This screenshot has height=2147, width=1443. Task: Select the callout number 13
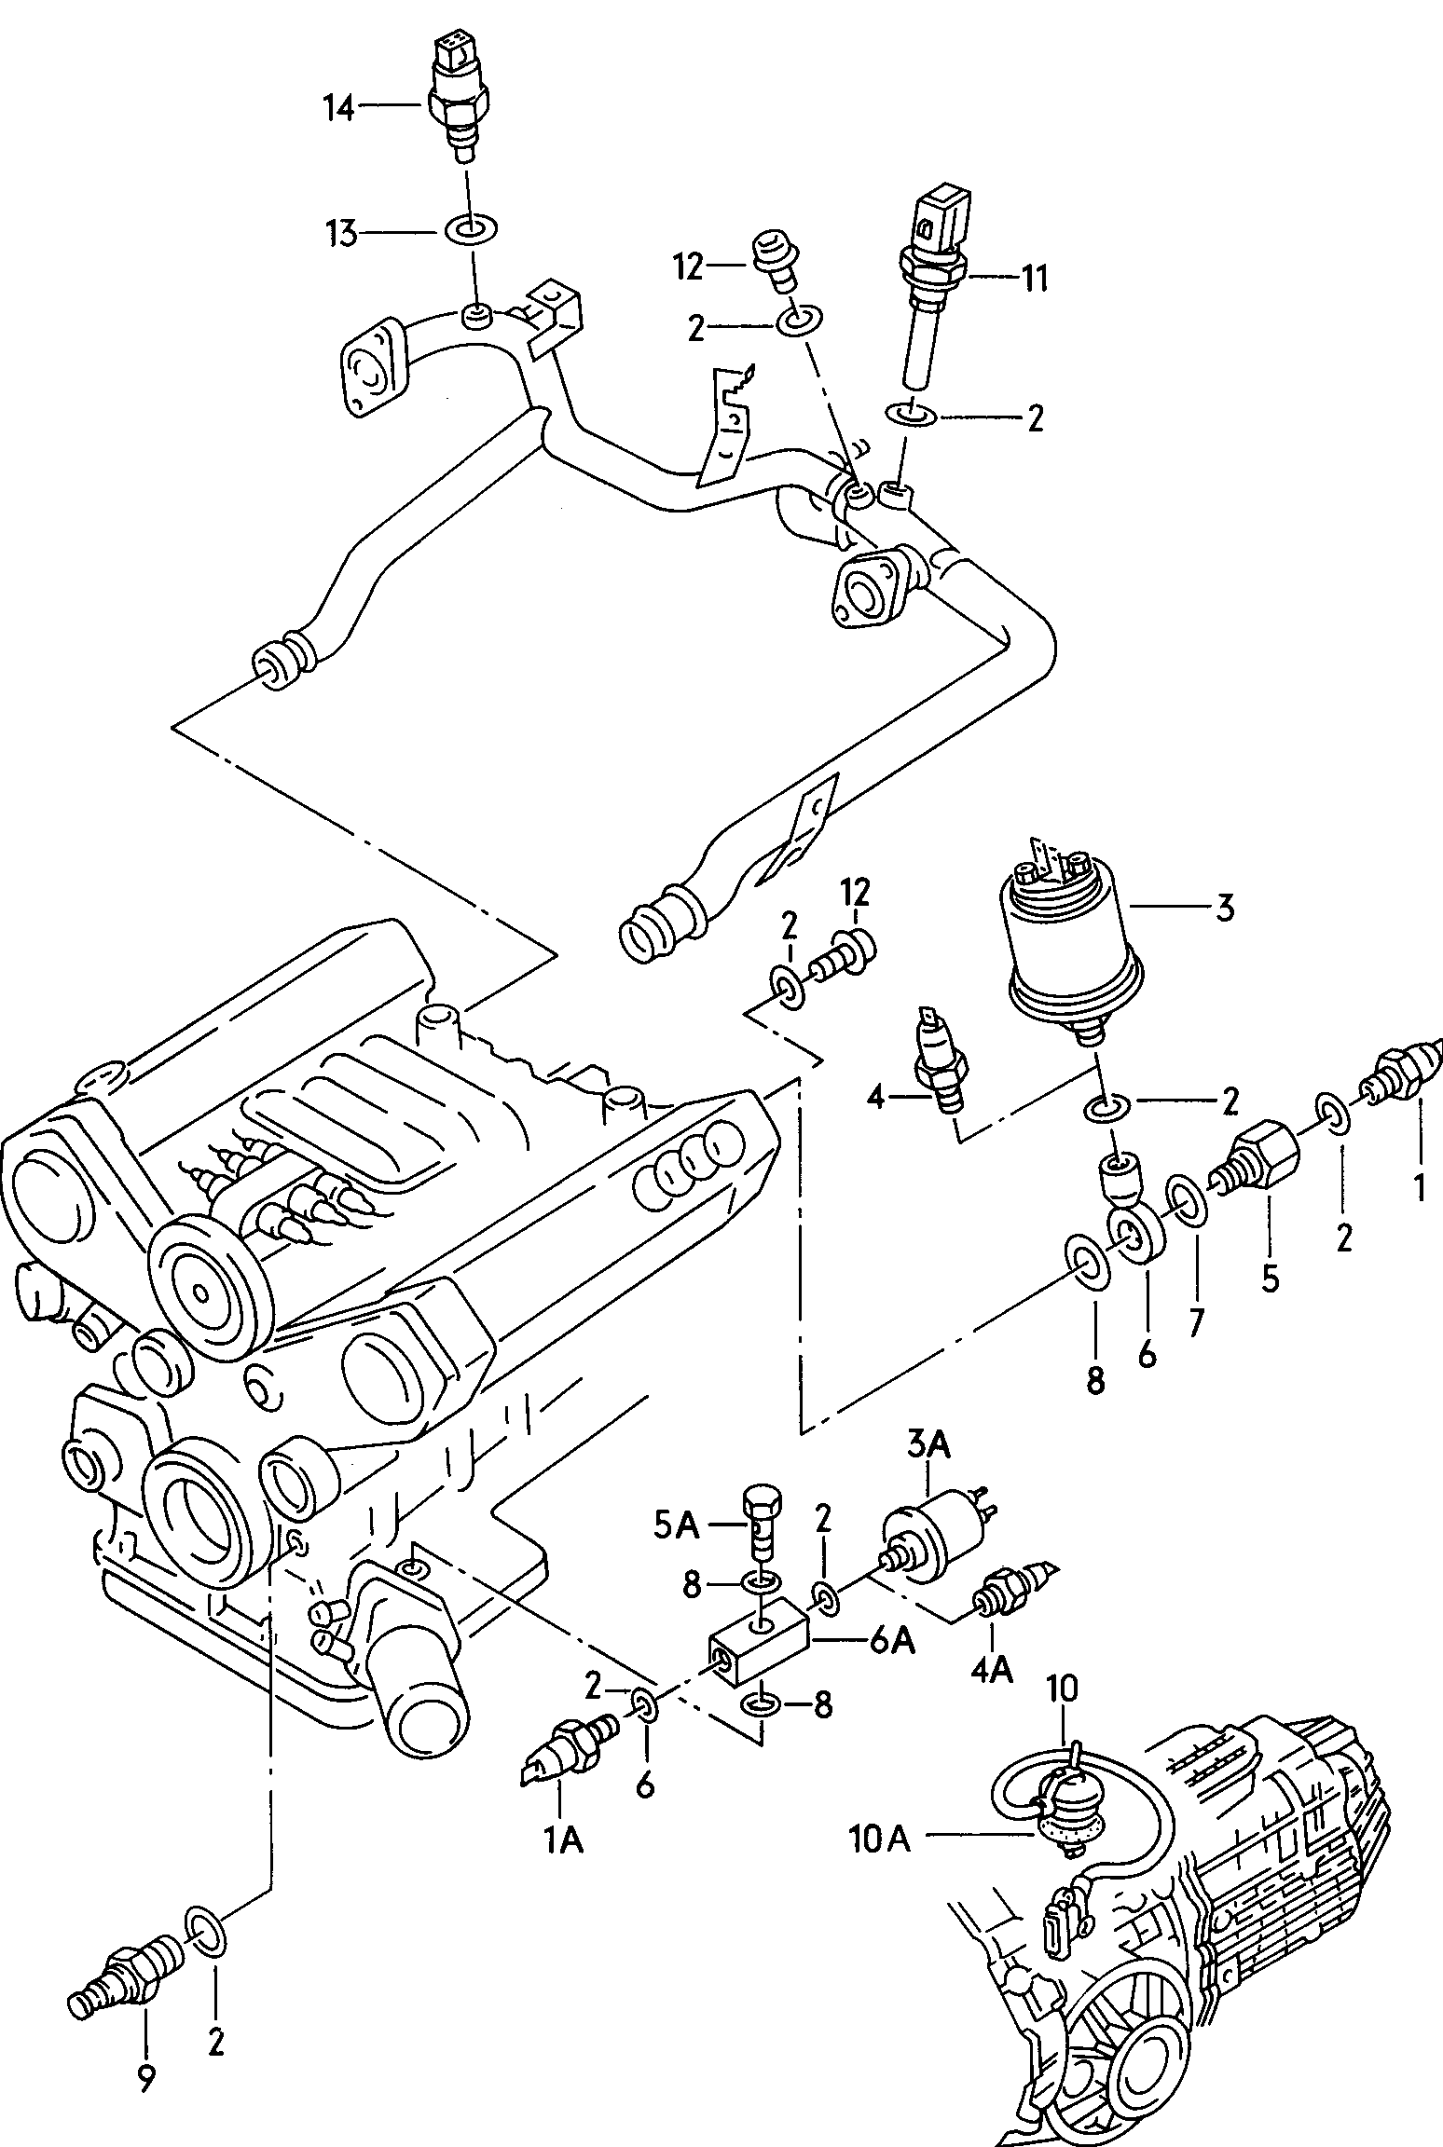[341, 233]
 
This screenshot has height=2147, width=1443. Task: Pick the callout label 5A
[676, 1526]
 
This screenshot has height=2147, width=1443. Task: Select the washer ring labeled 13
[472, 228]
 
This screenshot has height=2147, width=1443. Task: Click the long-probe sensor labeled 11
[934, 280]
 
